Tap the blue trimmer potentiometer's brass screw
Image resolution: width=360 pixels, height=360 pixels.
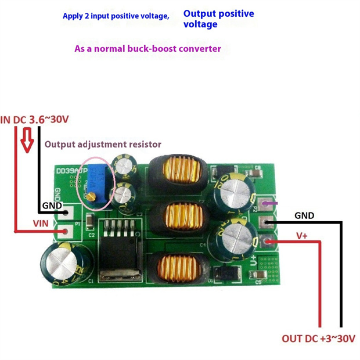pyautogui.click(x=92, y=196)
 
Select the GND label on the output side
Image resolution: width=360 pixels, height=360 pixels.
pyautogui.click(x=304, y=215)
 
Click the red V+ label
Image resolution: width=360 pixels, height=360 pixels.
pyautogui.click(x=303, y=236)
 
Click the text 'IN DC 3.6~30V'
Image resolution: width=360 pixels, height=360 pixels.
pyautogui.click(x=35, y=120)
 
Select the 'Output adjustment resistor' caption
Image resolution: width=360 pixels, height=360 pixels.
pyautogui.click(x=103, y=144)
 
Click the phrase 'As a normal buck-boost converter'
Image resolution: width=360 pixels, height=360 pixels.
pyautogui.click(x=147, y=49)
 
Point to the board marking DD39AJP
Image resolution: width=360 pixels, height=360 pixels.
pyautogui.click(x=71, y=171)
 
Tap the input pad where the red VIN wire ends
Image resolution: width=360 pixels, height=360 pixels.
pyautogui.click(x=66, y=232)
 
